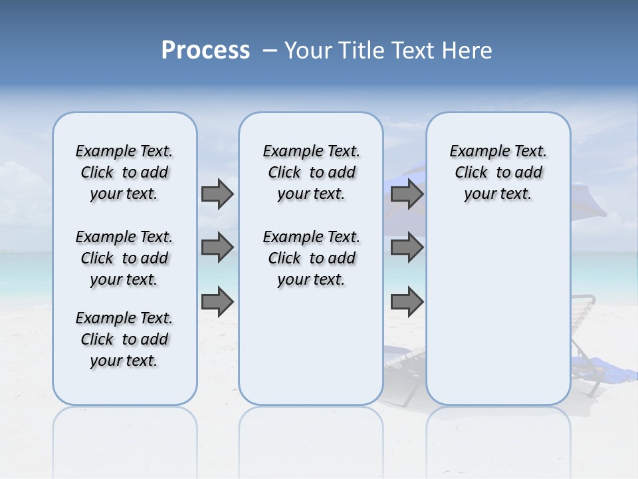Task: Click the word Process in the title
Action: [205, 51]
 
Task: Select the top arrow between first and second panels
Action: [217, 194]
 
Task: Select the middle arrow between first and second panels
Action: [217, 247]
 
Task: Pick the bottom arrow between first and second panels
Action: [217, 302]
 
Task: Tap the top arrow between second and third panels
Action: [407, 194]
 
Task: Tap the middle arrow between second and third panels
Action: [407, 247]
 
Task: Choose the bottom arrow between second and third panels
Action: [407, 302]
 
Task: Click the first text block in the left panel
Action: [124, 172]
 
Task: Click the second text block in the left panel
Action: [124, 258]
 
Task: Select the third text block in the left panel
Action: [124, 339]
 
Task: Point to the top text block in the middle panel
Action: [311, 172]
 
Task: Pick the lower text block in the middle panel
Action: [311, 258]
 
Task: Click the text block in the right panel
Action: [498, 172]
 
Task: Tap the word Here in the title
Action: [468, 51]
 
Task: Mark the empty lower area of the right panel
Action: [498, 306]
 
